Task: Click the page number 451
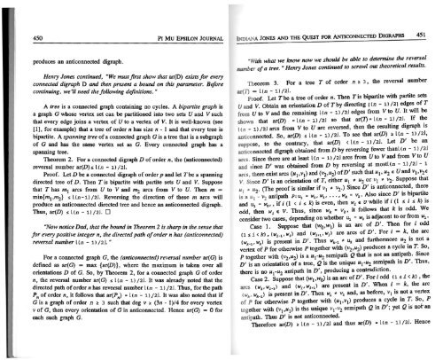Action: coord(431,11)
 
